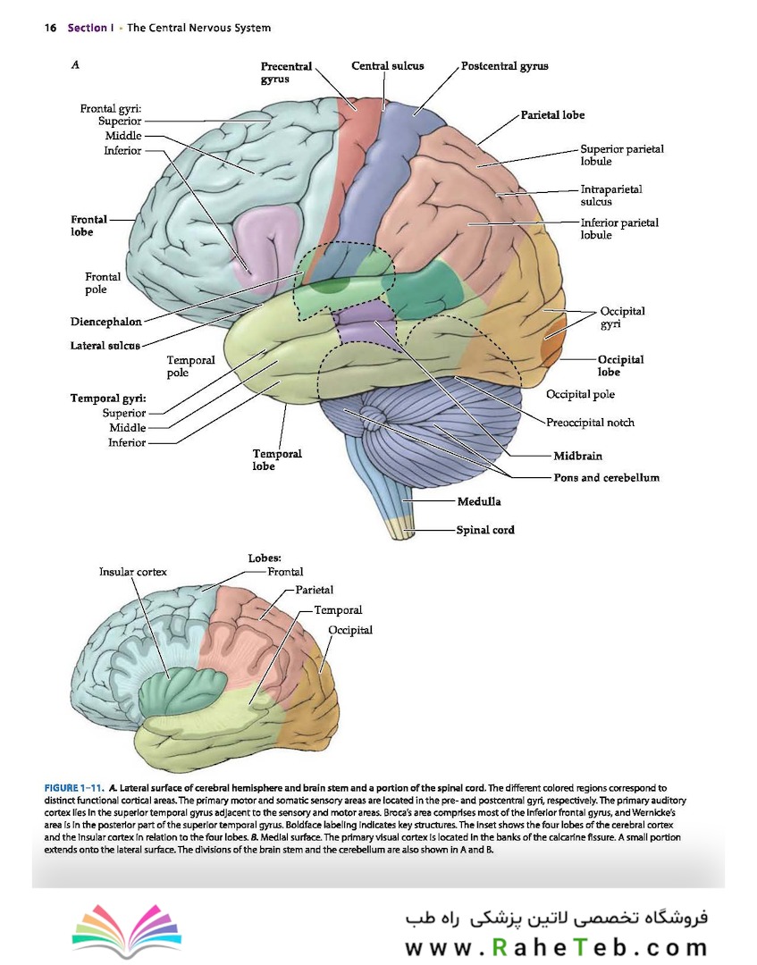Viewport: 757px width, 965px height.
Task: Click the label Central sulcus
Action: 388,66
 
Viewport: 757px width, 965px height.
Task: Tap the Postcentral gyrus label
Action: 505,66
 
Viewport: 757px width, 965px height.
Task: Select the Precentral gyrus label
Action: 286,72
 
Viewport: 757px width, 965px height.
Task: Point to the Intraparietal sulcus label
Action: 611,195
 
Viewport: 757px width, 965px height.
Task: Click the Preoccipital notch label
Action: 590,423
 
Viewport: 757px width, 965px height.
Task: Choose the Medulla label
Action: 479,501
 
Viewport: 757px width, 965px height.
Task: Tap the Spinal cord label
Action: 485,530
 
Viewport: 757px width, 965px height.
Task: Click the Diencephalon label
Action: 105,322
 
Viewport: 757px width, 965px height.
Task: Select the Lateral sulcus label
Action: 105,346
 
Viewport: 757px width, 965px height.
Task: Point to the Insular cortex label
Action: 133,572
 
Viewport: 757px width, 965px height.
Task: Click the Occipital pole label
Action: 580,395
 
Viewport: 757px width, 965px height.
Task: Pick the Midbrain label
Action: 578,456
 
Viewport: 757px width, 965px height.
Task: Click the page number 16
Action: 50,28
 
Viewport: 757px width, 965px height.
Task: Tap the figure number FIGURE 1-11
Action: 73,788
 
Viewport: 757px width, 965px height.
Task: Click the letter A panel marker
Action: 75,64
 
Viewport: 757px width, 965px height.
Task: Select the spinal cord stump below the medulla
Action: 400,527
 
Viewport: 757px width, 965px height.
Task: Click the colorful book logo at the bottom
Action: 128,930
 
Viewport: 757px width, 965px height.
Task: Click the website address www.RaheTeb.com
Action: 557,946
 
